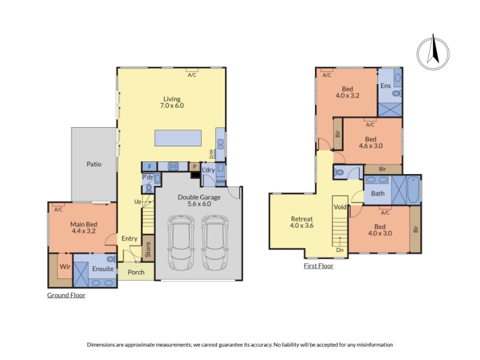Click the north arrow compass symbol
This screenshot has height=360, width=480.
point(433,53)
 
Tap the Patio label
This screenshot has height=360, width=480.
point(94,164)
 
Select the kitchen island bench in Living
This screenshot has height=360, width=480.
point(178,138)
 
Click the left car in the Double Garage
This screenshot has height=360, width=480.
point(181,243)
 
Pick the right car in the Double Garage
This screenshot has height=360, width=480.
point(215,243)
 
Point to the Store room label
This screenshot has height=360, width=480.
point(148,249)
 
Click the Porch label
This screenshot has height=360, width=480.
point(136,272)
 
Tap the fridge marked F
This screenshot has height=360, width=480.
point(149,167)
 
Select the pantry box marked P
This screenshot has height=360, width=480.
point(194,167)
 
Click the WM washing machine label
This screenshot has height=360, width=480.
point(220,182)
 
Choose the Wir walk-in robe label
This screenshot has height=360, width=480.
point(65,266)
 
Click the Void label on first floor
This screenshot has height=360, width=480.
point(340,207)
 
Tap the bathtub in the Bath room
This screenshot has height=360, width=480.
point(413,190)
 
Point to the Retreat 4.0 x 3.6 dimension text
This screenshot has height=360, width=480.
point(302,226)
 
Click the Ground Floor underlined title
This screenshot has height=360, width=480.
point(66,295)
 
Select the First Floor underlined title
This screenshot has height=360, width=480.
point(319,266)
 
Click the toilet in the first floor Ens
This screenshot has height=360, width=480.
point(397,93)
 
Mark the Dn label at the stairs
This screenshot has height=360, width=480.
point(340,250)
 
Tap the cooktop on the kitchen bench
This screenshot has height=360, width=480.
point(173,167)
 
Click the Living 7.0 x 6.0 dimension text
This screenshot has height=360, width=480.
point(172,106)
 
